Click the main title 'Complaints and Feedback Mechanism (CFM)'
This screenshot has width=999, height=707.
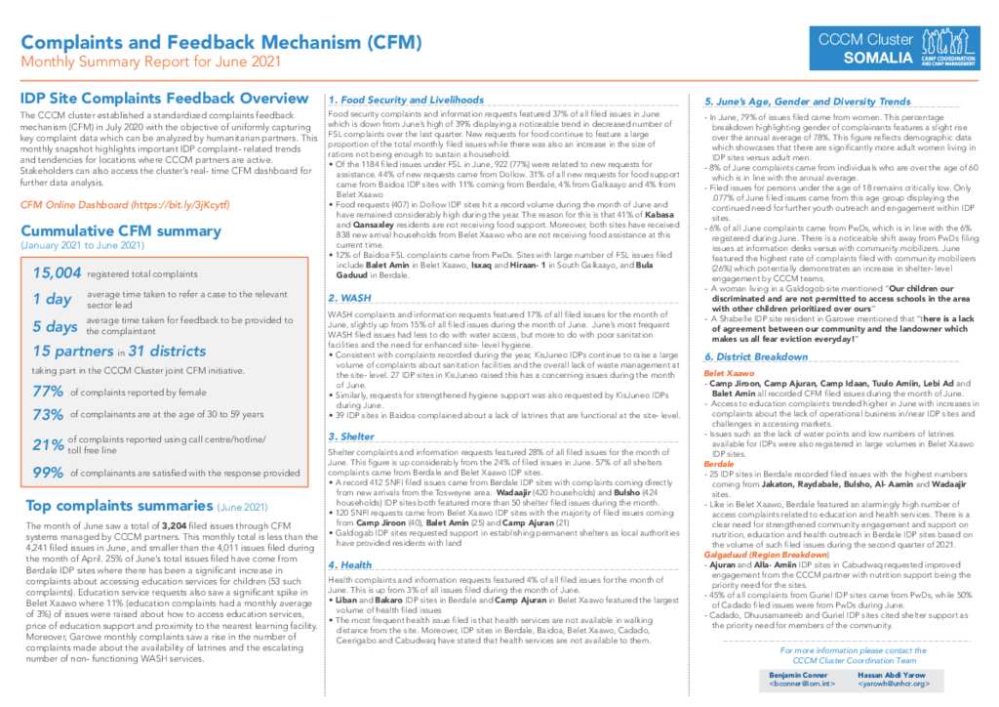point(221,42)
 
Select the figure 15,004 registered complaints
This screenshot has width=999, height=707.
point(53,276)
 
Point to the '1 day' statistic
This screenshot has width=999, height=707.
point(51,299)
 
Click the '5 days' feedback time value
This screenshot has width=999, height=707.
point(54,325)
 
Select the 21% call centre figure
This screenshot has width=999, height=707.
point(46,445)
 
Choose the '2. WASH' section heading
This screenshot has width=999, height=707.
point(348,297)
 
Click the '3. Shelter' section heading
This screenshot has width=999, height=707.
point(353,436)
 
